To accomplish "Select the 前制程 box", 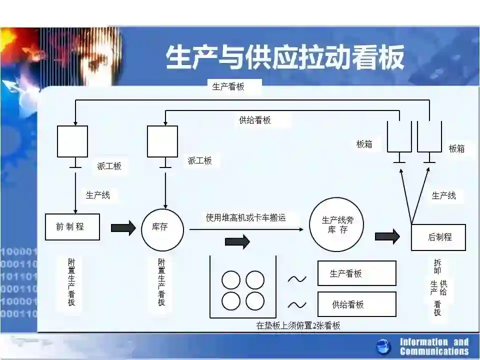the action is (x=72, y=226).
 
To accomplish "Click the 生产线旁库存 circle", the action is (x=337, y=224).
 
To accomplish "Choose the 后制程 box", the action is (x=438, y=237).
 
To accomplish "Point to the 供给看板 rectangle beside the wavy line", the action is (x=356, y=304).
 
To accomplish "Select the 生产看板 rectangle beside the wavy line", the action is (x=356, y=273).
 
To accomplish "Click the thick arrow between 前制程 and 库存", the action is (x=123, y=228).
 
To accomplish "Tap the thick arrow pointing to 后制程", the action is (x=387, y=236).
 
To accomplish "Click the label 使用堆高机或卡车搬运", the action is (x=246, y=217).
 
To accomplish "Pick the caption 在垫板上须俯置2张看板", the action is (x=298, y=325).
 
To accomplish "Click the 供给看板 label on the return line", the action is (x=255, y=120).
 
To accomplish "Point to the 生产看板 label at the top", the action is (x=228, y=86).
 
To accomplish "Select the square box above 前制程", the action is (x=72, y=141).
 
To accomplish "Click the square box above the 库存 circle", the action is (x=162, y=141).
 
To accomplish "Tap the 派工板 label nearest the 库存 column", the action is (x=199, y=160).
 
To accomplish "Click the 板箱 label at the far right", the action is (x=456, y=148).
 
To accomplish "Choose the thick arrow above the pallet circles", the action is (x=237, y=242).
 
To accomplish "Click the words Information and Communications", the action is (x=434, y=346).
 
